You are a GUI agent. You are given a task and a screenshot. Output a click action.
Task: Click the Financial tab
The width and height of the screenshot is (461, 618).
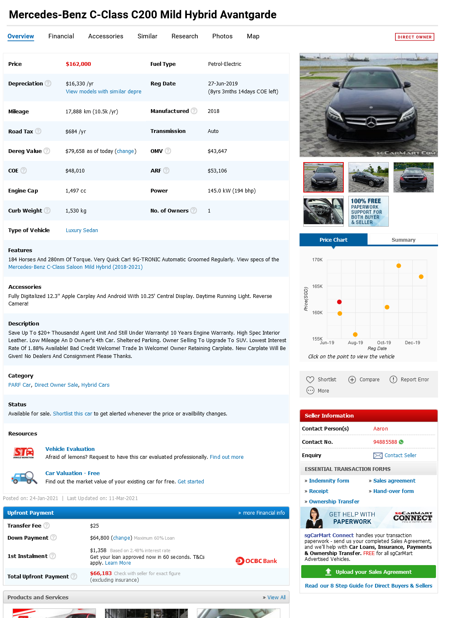[x=61, y=36]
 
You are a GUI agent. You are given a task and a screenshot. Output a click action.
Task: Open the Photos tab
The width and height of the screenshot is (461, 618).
[x=222, y=36]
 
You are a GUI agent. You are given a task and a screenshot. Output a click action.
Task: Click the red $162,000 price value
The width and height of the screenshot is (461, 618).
[x=78, y=64]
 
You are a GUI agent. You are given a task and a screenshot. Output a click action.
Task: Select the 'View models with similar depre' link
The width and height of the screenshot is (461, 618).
[x=103, y=92]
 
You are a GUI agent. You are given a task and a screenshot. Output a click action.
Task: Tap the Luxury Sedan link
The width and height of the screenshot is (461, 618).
[x=82, y=230]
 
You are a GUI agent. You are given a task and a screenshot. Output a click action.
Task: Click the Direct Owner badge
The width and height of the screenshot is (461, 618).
[x=414, y=37]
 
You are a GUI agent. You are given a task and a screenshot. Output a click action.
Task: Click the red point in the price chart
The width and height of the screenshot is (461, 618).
[x=339, y=302]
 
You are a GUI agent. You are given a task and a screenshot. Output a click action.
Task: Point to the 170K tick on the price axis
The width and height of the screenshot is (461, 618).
[x=317, y=260]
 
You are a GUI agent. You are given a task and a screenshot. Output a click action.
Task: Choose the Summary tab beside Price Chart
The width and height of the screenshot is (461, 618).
[x=403, y=240]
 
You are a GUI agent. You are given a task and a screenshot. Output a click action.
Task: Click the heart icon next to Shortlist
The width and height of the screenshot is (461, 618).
[x=310, y=380]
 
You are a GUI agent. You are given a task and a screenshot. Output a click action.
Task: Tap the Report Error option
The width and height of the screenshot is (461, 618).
[x=414, y=380]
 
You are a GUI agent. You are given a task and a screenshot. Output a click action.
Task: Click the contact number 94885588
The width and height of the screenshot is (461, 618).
[x=385, y=442]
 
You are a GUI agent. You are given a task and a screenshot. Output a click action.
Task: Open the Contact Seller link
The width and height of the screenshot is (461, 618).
[x=400, y=455]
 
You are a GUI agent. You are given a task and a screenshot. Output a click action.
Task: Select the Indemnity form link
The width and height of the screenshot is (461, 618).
[x=329, y=481]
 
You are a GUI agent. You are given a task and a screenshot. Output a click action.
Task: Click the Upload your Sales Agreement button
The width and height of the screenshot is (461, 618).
[x=368, y=572]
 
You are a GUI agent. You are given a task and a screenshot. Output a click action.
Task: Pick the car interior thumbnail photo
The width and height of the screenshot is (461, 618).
[x=323, y=211]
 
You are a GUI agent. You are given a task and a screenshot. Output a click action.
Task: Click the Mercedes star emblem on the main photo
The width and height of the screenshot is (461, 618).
[x=371, y=122]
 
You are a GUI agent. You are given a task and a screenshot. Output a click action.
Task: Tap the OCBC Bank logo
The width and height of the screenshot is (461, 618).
[x=257, y=561]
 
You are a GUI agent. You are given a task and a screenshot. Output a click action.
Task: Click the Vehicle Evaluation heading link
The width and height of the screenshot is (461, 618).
[x=70, y=449]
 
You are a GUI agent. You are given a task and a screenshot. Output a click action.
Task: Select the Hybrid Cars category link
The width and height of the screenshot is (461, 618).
[x=95, y=385]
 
